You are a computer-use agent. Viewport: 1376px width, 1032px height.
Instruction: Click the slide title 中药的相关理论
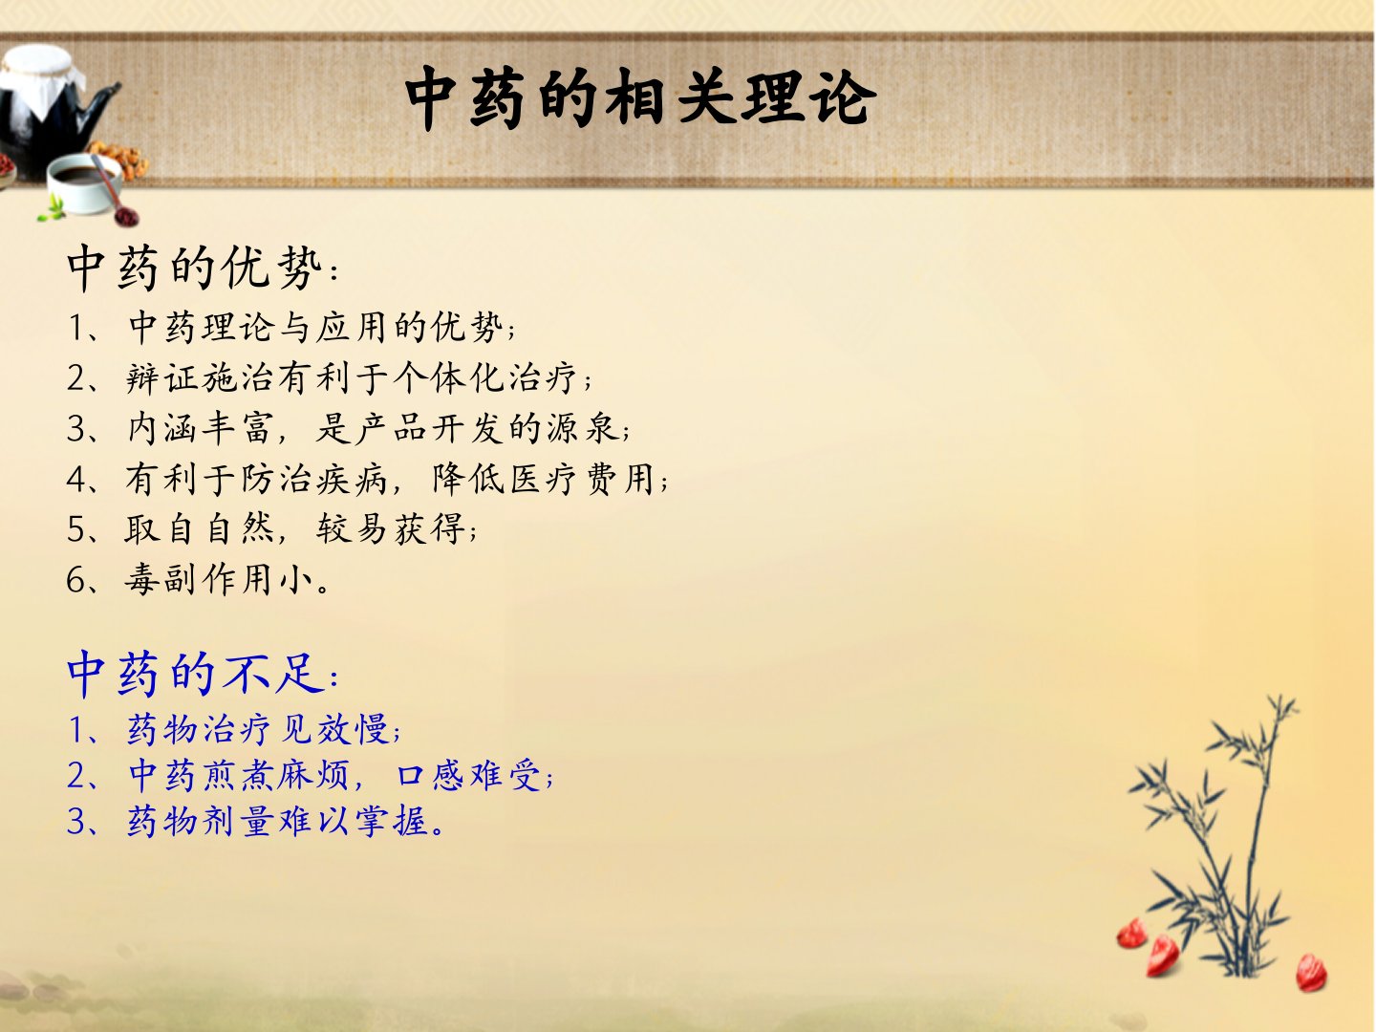pos(640,97)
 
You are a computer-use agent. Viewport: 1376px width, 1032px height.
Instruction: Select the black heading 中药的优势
pos(194,268)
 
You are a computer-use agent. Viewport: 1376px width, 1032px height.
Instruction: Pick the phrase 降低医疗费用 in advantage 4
pos(544,480)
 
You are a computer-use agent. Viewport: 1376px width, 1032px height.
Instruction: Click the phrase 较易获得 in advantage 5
pos(391,528)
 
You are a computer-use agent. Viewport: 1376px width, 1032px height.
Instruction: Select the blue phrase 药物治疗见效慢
pos(258,729)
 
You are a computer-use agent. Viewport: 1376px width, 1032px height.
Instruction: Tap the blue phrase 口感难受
pos(469,775)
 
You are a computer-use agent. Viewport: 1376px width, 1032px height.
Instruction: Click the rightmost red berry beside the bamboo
pos(1311,973)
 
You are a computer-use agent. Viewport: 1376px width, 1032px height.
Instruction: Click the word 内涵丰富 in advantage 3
pos(201,429)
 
